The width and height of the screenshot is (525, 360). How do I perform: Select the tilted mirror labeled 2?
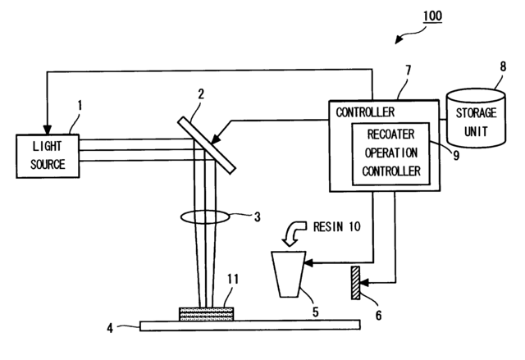point(207,143)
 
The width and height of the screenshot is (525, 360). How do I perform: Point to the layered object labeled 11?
point(205,312)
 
